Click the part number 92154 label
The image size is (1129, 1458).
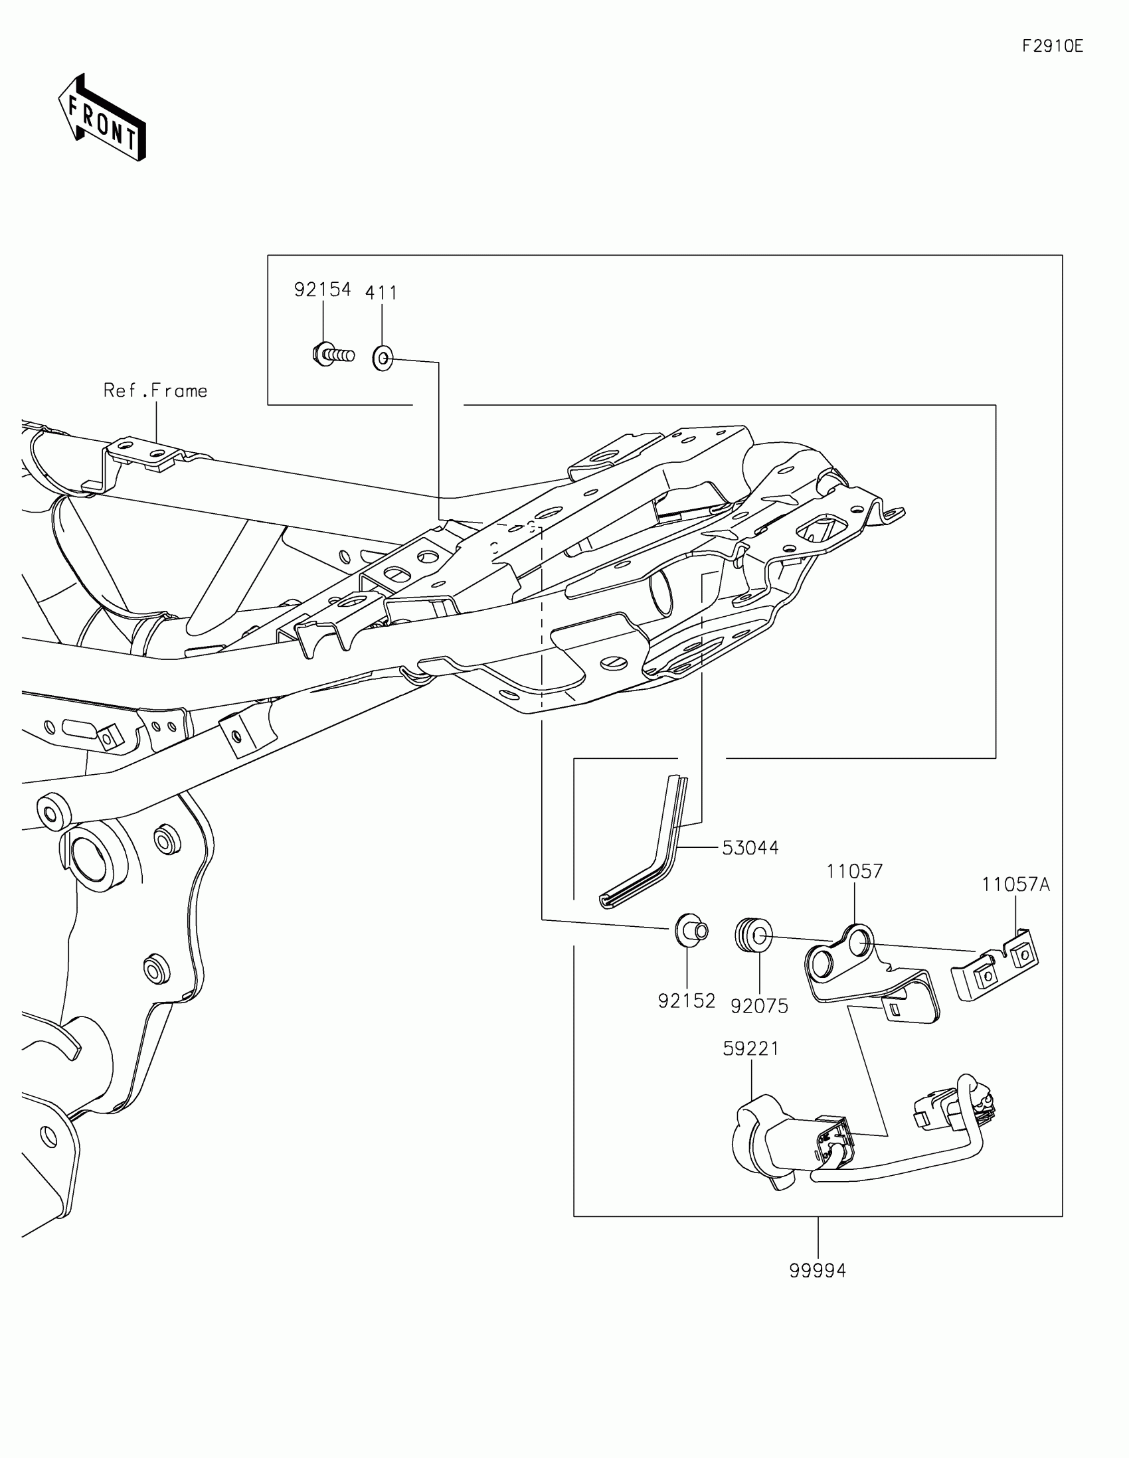323,289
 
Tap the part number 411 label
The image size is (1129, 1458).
381,293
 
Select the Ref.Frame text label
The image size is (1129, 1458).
155,390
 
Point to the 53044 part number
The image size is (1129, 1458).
750,848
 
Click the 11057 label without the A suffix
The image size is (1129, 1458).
854,871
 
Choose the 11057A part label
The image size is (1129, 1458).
1015,884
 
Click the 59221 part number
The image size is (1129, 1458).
751,1049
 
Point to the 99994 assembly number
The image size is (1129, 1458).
818,1270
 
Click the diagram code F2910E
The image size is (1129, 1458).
1053,46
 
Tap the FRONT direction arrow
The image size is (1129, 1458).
102,118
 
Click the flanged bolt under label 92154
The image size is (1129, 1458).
332,354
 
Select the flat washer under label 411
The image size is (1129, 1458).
383,359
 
